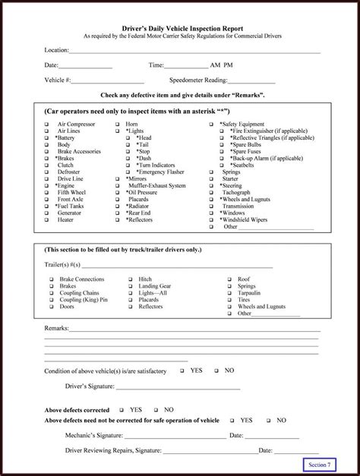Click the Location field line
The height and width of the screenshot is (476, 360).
(x=194, y=52)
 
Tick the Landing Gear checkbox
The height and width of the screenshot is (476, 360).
(x=131, y=285)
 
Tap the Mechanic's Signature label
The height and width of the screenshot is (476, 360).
(x=92, y=435)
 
